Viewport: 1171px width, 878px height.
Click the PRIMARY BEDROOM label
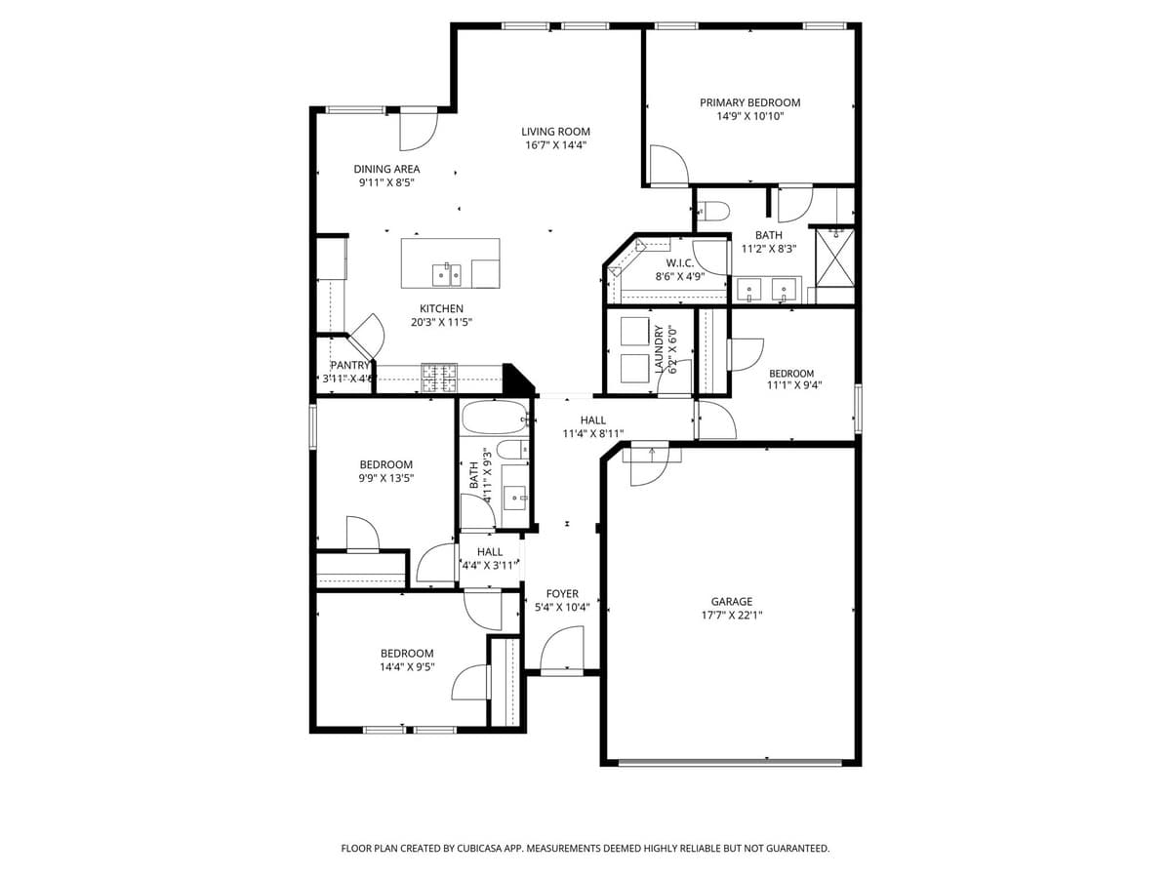coord(749,102)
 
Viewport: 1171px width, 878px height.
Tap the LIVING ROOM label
coord(555,132)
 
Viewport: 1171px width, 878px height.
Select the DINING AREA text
coord(386,169)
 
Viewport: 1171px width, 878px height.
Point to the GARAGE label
coord(731,602)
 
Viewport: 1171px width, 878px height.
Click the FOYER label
coord(562,593)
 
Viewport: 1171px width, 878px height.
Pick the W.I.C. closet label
coord(679,263)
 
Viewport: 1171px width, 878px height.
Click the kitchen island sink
coord(447,273)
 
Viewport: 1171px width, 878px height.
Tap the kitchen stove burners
coord(439,378)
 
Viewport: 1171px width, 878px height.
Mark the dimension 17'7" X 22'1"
coord(731,616)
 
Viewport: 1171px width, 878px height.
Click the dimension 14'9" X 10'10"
coord(749,116)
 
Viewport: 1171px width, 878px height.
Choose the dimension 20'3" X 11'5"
coord(441,322)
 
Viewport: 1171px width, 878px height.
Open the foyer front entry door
coord(562,652)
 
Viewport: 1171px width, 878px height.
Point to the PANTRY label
coord(349,365)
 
